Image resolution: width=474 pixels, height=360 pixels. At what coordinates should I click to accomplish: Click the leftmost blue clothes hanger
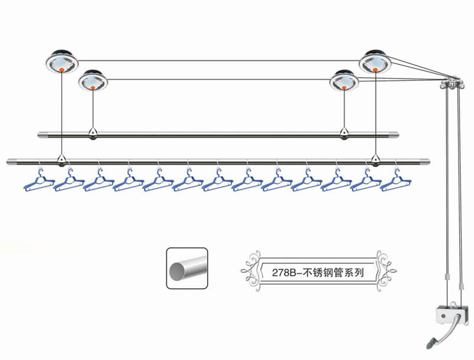(x=39, y=183)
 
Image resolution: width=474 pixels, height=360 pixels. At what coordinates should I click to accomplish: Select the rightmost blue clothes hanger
(x=395, y=183)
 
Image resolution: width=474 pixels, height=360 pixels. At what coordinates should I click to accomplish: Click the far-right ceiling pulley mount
(x=376, y=63)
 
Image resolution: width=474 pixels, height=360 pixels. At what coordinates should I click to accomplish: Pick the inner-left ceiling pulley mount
(x=93, y=81)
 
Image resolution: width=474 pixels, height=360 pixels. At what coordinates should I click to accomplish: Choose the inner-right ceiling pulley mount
(x=344, y=81)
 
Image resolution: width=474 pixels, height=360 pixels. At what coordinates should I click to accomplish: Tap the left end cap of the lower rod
(x=12, y=162)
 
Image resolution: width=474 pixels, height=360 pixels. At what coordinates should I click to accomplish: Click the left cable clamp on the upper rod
(x=93, y=133)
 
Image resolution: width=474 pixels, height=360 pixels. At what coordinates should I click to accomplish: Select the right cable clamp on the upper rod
(x=344, y=133)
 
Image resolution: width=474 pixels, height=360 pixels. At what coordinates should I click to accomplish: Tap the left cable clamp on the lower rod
(x=62, y=161)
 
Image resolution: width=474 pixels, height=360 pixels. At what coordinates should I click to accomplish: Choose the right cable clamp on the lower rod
(x=376, y=161)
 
